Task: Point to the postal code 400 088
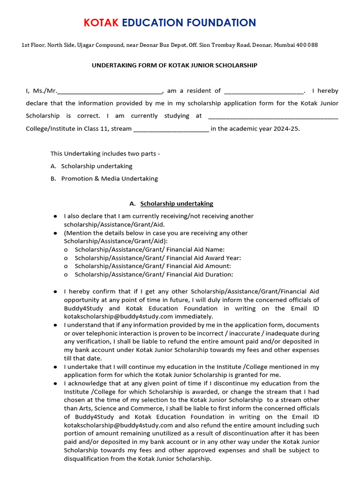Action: point(307,45)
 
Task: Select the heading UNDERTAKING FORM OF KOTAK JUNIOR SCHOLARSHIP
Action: point(174,66)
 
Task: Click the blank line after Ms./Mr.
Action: point(109,91)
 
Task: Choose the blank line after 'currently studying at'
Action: point(272,116)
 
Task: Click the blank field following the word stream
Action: point(171,129)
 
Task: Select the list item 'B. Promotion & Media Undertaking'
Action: point(105,179)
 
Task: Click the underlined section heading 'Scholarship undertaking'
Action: point(177,203)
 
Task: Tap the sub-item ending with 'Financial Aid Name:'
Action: point(150,249)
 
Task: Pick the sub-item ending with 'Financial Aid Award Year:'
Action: point(158,258)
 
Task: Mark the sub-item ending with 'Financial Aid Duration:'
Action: point(154,275)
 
